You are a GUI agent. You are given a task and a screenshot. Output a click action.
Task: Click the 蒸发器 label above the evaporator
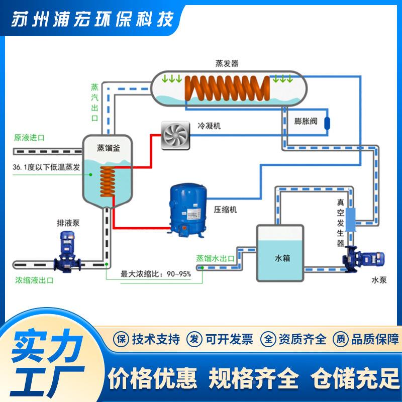point(227,63)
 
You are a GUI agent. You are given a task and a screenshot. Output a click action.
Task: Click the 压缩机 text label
point(225,210)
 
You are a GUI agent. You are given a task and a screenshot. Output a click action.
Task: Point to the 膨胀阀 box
point(306,121)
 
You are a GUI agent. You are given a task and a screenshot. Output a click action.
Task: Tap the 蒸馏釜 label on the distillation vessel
point(109,148)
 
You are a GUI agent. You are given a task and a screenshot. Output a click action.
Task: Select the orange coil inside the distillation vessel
point(108,182)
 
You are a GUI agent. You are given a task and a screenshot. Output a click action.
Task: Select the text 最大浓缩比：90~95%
point(155,275)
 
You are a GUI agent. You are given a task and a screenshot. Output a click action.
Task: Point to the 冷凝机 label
point(209,126)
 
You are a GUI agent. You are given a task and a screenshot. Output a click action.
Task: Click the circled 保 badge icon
point(121,339)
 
